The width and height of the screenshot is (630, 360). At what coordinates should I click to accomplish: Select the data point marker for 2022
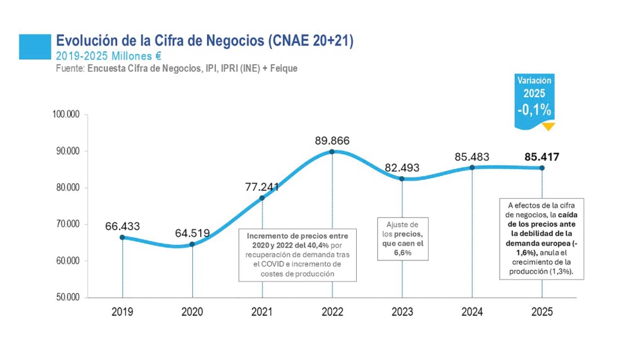[332, 152]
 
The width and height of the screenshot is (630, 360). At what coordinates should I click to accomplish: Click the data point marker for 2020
[192, 244]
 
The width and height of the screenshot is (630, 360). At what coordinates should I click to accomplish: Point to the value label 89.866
[332, 140]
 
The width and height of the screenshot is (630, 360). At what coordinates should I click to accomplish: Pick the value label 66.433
[122, 226]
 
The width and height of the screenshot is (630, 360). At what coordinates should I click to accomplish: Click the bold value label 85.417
[541, 156]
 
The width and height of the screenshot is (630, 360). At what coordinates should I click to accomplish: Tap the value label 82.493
[402, 168]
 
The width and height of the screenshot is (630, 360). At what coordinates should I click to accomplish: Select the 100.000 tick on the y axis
[66, 115]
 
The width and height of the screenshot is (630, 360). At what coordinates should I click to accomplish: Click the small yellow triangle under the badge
[548, 127]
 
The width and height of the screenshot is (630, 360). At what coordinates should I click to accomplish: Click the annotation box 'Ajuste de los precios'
[402, 239]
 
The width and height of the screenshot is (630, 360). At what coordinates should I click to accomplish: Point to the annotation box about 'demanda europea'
[541, 239]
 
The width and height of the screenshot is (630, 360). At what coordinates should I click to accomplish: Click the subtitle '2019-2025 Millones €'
[108, 55]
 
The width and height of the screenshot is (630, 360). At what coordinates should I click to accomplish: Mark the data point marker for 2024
[472, 168]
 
